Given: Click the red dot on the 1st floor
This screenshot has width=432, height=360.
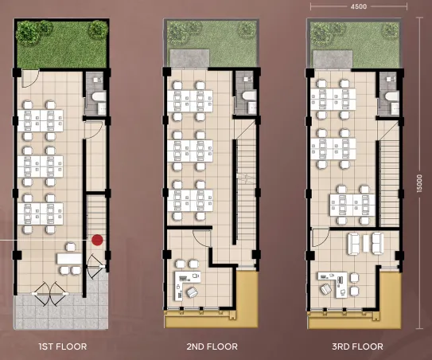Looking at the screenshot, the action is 97,240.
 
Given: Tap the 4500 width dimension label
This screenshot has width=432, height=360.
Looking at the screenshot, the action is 359,6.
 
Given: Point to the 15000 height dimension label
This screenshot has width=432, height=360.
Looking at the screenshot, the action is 419,183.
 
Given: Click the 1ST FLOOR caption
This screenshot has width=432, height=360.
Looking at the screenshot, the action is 63,346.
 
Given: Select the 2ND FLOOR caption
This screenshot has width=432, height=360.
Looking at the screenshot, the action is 212,346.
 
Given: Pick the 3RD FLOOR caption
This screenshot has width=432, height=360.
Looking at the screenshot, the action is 357,346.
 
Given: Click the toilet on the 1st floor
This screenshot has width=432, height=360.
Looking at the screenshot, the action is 99,96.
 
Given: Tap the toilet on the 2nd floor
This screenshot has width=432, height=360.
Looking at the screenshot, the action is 250,96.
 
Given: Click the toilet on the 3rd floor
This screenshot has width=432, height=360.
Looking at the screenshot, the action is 391,96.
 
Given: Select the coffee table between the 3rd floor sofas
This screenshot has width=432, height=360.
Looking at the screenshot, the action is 366,243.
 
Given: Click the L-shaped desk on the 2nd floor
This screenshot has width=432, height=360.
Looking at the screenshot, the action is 187,284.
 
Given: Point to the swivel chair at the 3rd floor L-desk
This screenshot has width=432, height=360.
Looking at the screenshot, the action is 326,289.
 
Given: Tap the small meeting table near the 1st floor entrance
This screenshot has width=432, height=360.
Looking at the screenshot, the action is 69,259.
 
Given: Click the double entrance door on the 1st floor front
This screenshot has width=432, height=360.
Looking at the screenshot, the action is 50,294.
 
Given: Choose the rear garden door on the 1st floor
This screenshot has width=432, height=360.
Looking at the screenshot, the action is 30,79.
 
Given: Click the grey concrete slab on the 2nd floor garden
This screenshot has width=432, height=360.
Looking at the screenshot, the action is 189,58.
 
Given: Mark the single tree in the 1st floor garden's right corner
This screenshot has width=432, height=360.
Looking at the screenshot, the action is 98,29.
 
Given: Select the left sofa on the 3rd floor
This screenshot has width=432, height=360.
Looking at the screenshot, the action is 354,244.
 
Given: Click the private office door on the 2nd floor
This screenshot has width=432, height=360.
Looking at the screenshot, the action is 202,237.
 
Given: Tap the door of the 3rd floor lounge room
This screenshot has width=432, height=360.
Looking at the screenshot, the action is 321,238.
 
